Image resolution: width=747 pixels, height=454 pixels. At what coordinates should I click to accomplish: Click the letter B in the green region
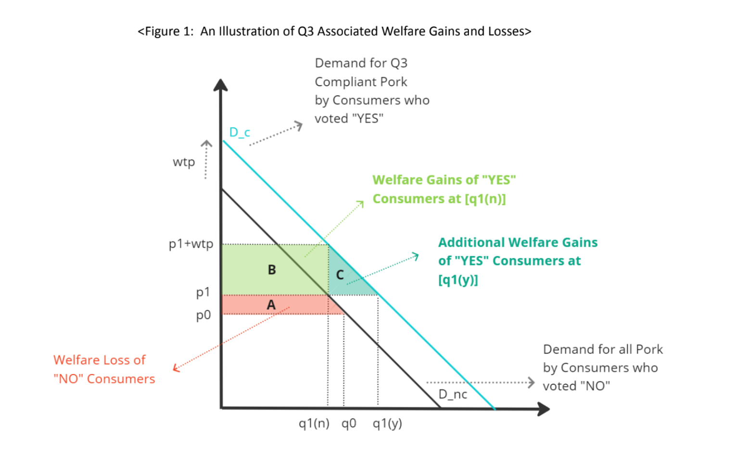point(272,270)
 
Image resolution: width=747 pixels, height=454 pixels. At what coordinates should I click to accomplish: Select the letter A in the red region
point(271,304)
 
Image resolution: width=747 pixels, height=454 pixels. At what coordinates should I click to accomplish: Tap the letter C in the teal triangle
point(340,275)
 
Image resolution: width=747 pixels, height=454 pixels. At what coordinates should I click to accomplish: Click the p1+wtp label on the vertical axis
point(191,244)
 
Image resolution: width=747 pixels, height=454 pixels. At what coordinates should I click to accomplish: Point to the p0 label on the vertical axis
point(203,315)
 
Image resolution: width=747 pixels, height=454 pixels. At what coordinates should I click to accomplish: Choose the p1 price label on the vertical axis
point(203,292)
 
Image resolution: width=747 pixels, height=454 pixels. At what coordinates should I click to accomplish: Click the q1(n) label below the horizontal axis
point(314,423)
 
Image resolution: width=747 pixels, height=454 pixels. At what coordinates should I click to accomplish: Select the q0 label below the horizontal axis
point(349,423)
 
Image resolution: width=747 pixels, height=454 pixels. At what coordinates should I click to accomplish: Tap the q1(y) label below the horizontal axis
point(387,423)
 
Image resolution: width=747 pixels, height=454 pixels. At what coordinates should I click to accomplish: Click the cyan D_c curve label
point(240,132)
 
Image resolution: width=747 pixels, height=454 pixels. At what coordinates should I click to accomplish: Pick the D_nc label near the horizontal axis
point(453,394)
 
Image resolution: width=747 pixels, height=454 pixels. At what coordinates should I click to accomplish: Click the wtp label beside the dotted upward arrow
point(184,162)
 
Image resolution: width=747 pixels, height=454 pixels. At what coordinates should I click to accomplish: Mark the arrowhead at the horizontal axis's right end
point(544,409)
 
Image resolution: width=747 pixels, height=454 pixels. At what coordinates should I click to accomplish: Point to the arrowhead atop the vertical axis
point(220,85)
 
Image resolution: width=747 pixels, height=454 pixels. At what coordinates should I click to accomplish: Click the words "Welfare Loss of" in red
point(99,360)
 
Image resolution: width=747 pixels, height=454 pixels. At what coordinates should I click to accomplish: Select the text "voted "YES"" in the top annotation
point(349,118)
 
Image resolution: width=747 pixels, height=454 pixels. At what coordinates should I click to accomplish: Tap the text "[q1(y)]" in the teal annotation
point(458,279)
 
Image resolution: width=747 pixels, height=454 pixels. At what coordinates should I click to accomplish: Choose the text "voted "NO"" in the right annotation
point(576,386)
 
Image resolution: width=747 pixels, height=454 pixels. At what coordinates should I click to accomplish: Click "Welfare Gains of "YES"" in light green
point(444,180)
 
